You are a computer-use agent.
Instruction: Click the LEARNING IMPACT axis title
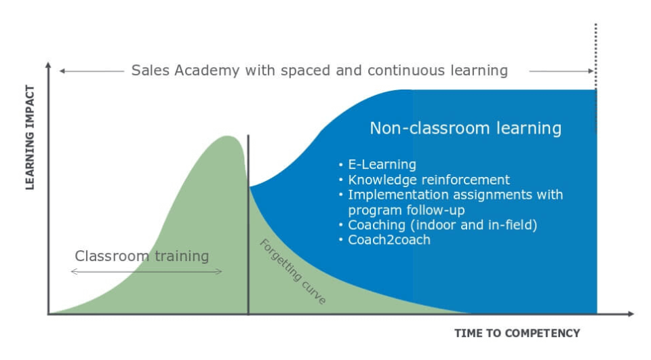pos(29,138)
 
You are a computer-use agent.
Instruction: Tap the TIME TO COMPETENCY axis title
pos(517,333)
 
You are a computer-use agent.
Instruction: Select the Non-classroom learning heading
pos(465,128)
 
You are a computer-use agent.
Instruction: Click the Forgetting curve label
pos(293,272)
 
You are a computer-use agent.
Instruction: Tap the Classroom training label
pos(142,256)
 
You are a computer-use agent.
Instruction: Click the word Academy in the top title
pos(207,71)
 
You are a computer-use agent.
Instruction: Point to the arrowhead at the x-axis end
pos(631,314)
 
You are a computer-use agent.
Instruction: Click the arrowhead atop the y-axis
pos(48,65)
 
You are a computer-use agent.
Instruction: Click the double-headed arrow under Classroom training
pos(146,272)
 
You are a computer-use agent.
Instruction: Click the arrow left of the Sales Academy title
pos(92,71)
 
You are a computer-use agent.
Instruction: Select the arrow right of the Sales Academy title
pos(561,71)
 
